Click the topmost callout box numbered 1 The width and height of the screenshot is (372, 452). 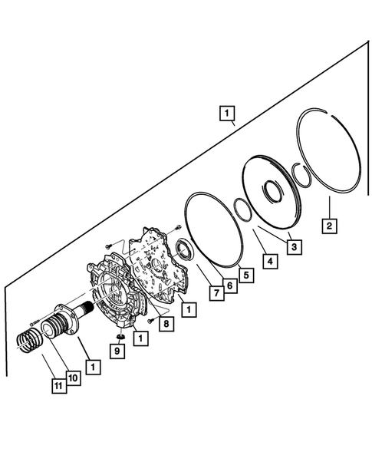pos(226,116)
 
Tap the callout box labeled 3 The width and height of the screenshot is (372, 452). pos(292,246)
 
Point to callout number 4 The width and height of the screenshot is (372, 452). pos(268,261)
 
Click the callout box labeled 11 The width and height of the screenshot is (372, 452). pos(58,387)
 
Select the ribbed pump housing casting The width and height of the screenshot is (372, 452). pos(115,295)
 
